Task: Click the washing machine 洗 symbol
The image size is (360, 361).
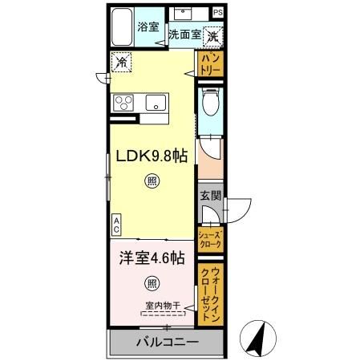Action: tap(213, 35)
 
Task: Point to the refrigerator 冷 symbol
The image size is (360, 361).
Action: tap(121, 60)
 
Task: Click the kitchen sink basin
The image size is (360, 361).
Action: tap(156, 102)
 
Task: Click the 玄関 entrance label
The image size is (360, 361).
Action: tap(209, 196)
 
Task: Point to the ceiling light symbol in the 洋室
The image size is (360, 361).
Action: tap(151, 282)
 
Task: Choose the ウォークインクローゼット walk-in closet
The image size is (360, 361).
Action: tap(210, 294)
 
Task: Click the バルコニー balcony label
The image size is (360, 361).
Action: tap(165, 343)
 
